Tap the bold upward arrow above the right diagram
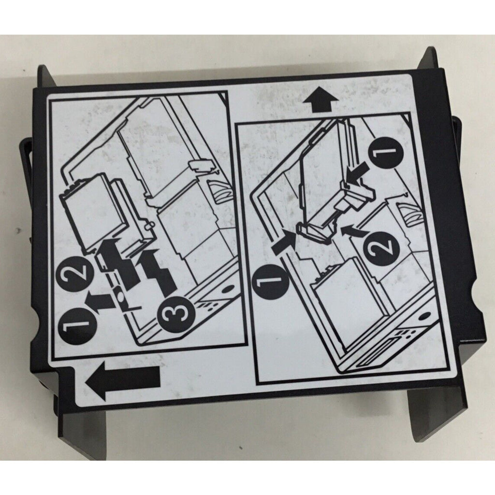321,100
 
